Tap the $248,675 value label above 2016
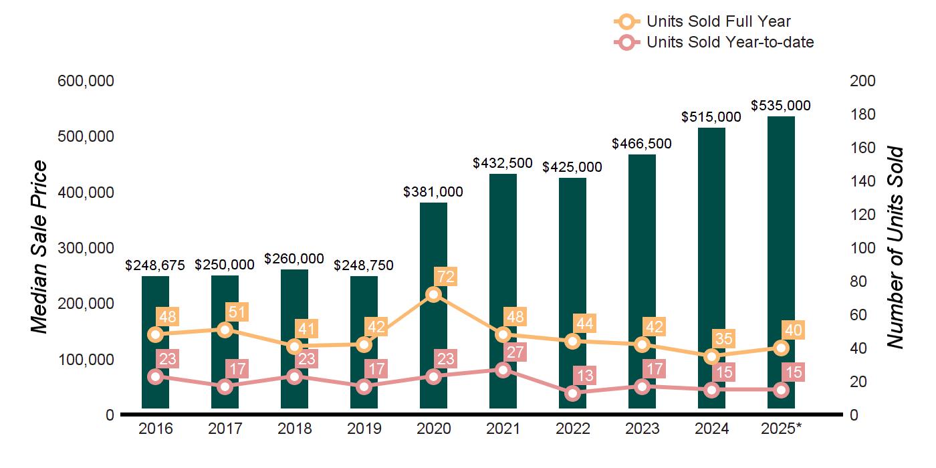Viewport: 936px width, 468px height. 155,265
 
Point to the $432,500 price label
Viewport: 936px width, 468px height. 503,162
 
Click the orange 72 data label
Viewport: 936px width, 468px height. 445,276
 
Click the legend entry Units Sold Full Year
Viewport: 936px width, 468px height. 719,22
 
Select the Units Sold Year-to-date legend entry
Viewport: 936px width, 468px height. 730,43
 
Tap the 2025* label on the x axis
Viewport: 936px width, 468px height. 780,429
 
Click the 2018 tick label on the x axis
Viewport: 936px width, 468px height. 294,429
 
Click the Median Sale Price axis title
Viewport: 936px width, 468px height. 40,247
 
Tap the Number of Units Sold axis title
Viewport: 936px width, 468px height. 895,247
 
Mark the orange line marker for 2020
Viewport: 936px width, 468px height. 433,295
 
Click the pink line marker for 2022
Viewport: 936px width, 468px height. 572,393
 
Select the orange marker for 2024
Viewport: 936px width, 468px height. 711,356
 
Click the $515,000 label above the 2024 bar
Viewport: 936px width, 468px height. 711,117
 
